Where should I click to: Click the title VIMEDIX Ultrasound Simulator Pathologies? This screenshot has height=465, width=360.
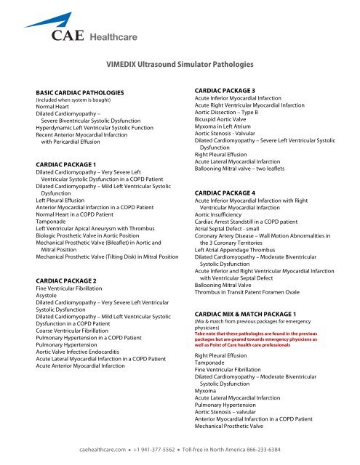(180, 65)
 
